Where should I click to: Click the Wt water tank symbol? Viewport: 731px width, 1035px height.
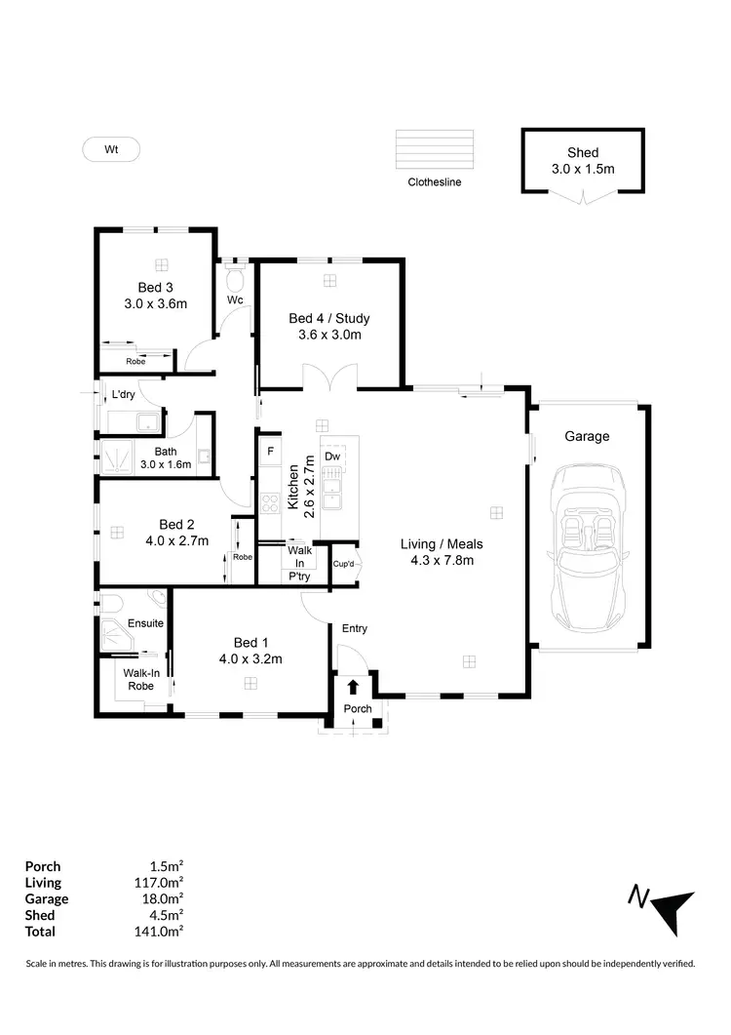click(110, 149)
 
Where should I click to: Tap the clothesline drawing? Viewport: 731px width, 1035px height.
click(435, 150)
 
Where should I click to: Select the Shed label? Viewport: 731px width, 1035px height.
click(583, 152)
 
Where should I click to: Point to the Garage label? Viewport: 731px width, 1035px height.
click(587, 436)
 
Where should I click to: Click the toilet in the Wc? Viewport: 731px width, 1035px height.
click(234, 279)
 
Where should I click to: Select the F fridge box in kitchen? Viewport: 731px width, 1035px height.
click(270, 453)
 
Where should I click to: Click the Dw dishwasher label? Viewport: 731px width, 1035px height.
click(332, 457)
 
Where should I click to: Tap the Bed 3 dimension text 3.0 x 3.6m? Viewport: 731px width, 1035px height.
click(155, 303)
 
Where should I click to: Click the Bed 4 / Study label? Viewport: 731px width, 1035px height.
click(329, 318)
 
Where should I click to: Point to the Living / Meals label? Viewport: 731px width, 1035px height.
click(442, 544)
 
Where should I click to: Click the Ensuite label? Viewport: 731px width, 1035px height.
click(145, 622)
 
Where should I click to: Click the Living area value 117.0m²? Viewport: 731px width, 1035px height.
click(160, 882)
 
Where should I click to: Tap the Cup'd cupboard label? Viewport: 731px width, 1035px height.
click(343, 564)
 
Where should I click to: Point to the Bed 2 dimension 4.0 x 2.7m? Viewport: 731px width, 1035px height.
click(176, 540)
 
